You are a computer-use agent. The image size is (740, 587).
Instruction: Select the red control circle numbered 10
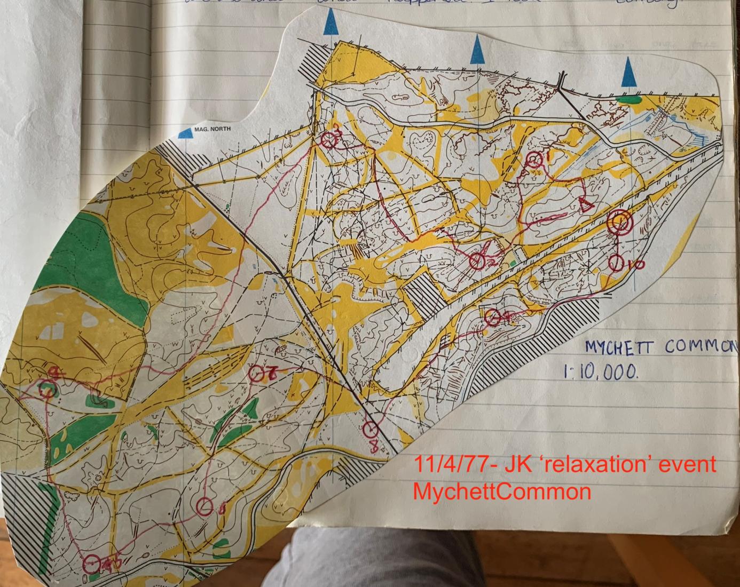tap(616, 262)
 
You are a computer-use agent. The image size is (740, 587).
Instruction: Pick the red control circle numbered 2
tap(477, 260)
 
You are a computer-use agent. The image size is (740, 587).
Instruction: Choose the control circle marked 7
tap(257, 373)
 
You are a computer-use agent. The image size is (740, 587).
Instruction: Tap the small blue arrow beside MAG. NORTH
tap(184, 132)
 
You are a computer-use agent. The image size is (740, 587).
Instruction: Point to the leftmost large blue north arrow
tap(331, 24)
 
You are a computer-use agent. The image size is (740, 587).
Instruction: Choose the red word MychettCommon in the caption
tap(502, 491)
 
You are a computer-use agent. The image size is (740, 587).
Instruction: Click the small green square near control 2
tap(513, 263)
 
